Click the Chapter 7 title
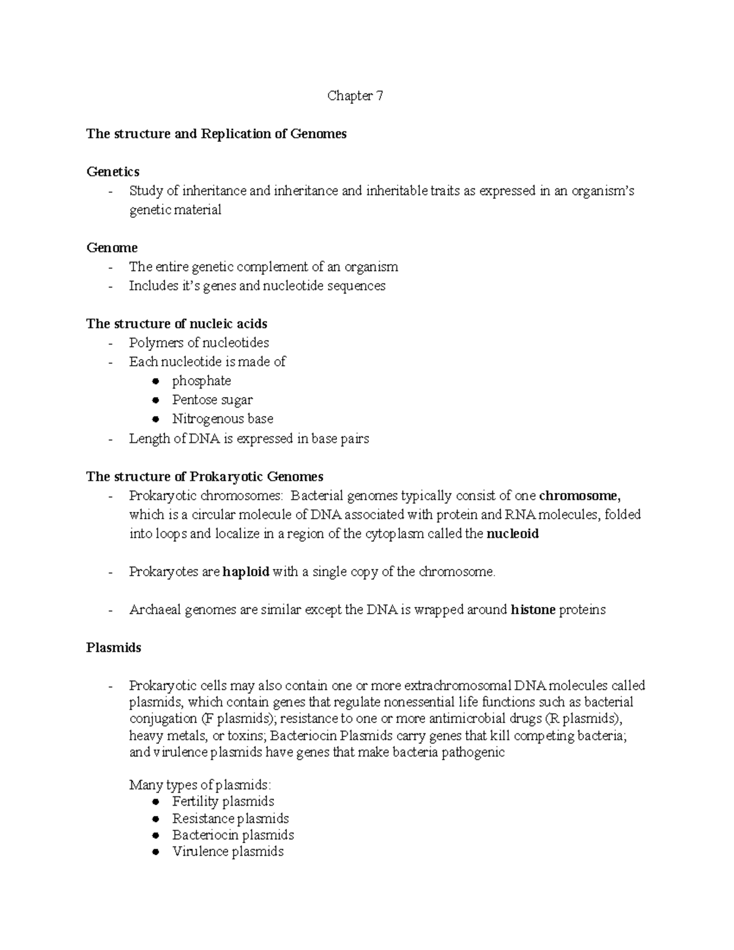point(355,96)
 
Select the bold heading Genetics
point(113,172)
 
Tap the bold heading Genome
point(112,248)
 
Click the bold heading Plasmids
point(114,648)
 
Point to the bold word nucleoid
point(512,534)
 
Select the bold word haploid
point(246,572)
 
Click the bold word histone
point(533,610)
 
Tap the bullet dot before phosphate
point(157,381)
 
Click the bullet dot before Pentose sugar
point(157,400)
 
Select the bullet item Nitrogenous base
point(223,419)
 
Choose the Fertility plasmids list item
point(223,801)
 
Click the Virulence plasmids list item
point(228,852)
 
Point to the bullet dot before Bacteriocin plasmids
point(157,835)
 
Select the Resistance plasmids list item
point(230,818)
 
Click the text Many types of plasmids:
point(199,785)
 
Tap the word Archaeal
point(154,610)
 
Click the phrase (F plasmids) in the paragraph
point(232,719)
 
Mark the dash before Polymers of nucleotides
point(110,343)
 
